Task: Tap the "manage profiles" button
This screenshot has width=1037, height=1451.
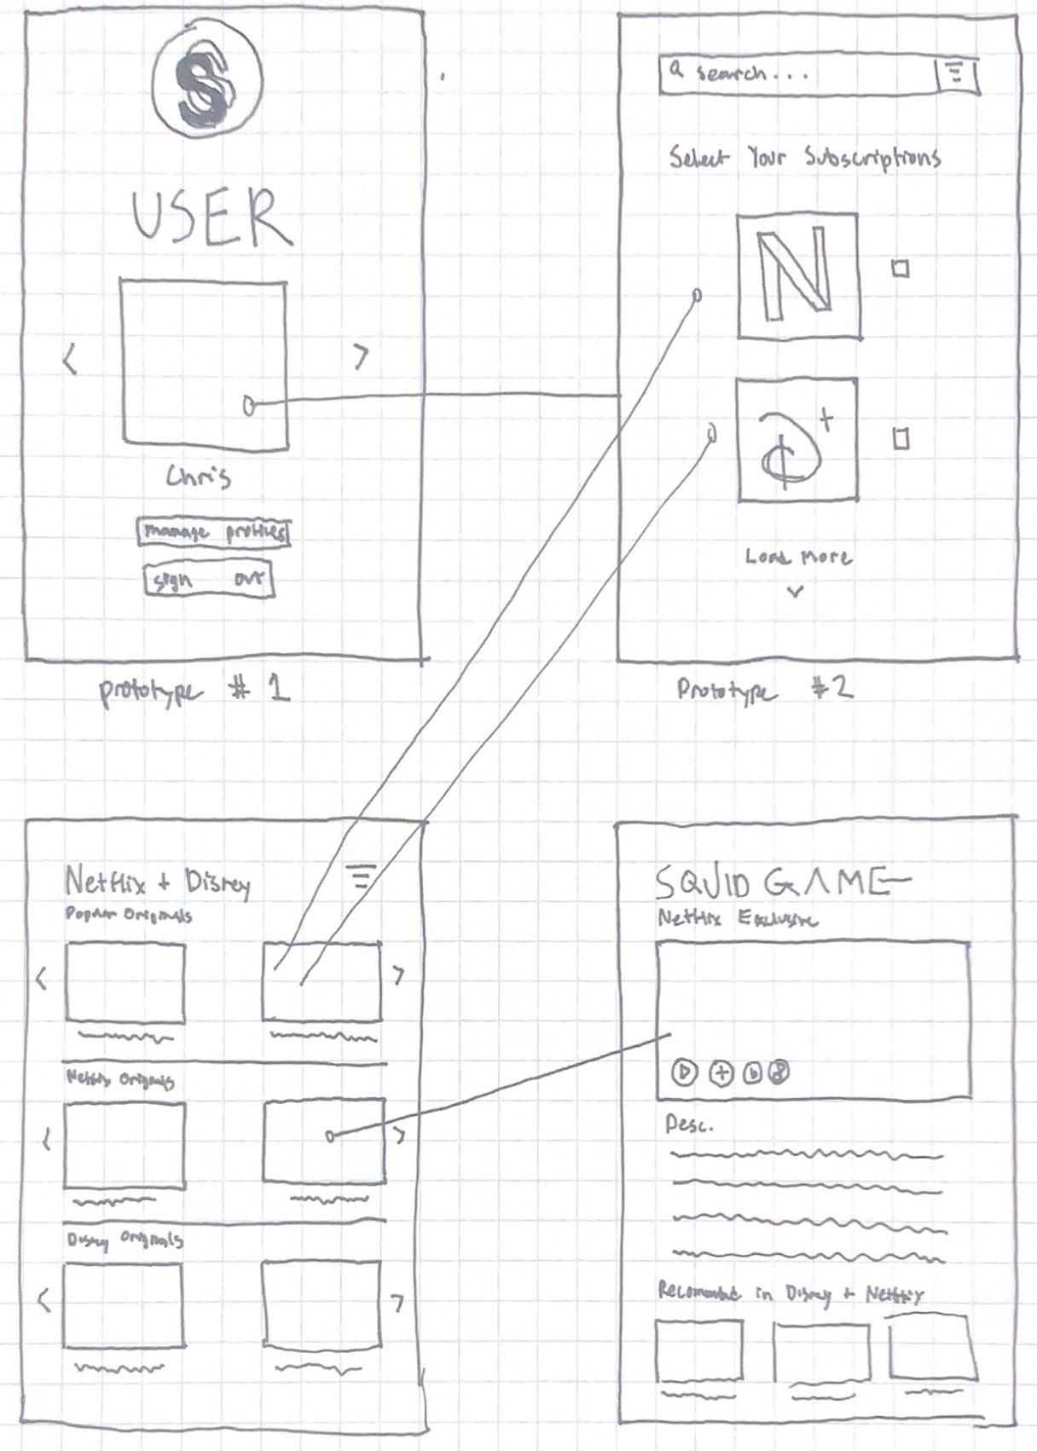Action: point(213,532)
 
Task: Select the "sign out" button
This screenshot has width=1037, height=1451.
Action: point(208,581)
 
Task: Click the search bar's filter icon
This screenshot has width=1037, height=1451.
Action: point(957,74)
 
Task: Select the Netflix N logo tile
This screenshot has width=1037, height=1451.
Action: point(797,275)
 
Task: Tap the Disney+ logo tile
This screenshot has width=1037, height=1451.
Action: point(797,440)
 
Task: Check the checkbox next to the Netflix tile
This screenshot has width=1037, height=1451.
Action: point(901,269)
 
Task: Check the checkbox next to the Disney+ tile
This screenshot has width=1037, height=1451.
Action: point(901,439)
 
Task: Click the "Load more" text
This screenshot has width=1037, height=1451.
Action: point(797,557)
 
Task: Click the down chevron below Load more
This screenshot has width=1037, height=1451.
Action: point(796,591)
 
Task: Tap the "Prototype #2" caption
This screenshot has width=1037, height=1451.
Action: point(764,689)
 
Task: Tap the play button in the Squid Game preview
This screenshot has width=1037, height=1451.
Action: point(684,1072)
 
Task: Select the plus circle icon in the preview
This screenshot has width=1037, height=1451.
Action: point(721,1072)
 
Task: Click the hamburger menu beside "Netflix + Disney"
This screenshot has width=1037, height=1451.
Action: point(362,876)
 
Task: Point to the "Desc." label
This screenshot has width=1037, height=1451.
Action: point(688,1125)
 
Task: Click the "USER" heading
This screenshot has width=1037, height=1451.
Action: point(211,217)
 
